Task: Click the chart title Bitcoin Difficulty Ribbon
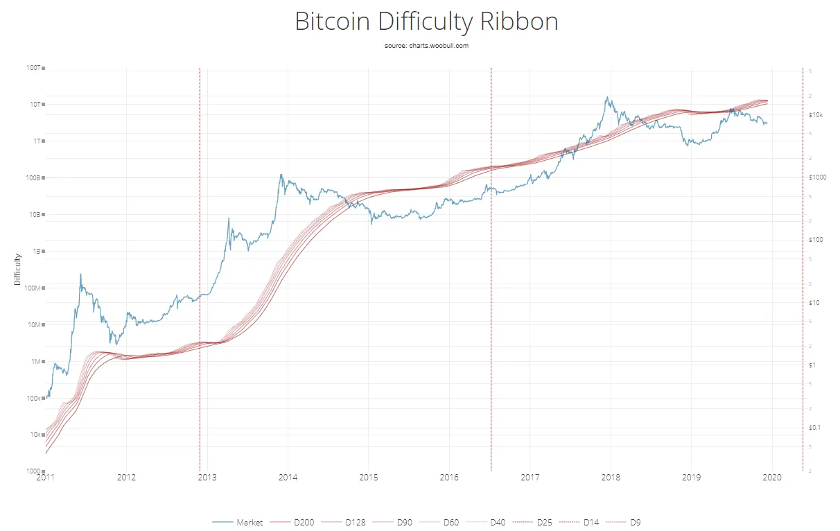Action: click(x=426, y=21)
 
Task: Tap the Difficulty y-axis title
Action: click(x=17, y=270)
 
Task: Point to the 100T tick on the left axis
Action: click(x=35, y=68)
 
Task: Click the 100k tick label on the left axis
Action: click(x=33, y=399)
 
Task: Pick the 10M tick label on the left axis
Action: click(x=35, y=325)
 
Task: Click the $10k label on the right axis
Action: click(x=816, y=114)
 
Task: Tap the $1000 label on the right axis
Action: click(x=818, y=177)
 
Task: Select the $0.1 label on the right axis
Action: click(x=816, y=427)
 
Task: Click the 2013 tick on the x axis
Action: click(x=207, y=478)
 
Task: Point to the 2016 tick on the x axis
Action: click(x=449, y=478)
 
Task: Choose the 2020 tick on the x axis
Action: click(x=772, y=478)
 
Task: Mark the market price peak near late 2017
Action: click(x=608, y=97)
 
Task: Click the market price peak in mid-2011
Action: click(x=80, y=274)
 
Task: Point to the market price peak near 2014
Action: click(x=281, y=175)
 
